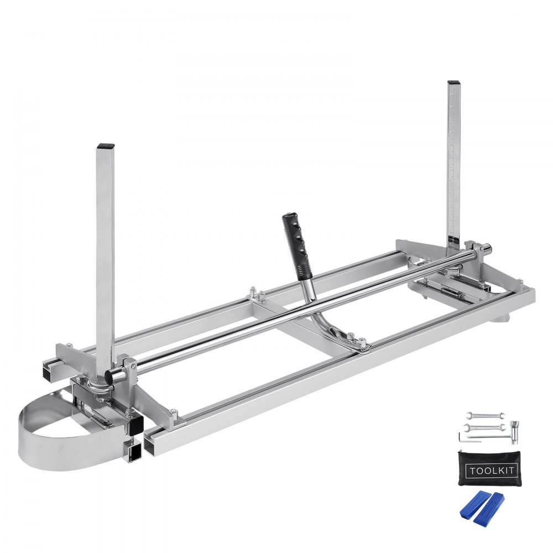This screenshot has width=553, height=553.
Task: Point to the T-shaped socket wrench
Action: [x=514, y=429]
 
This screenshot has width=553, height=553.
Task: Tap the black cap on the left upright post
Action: [x=105, y=147]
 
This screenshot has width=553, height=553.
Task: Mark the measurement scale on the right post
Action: [x=454, y=166]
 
